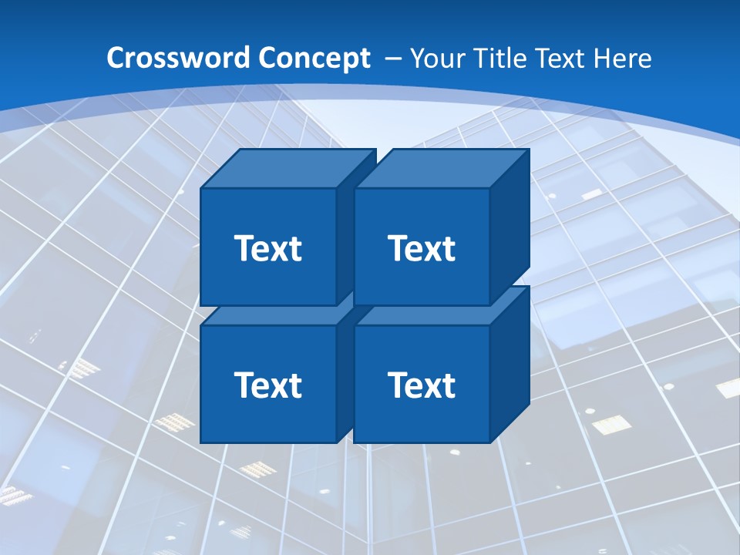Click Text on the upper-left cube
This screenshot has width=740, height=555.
[267, 248]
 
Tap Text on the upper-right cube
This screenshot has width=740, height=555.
[422, 248]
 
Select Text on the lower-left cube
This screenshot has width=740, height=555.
[267, 385]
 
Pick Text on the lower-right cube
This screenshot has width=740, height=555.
[422, 385]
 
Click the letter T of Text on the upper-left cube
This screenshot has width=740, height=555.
[244, 248]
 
